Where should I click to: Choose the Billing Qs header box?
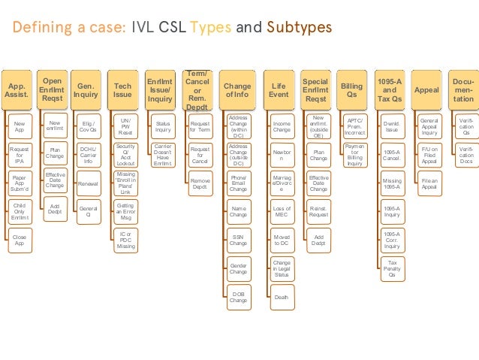click(x=351, y=91)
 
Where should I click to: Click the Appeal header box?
click(x=427, y=91)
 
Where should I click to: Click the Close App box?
click(x=20, y=241)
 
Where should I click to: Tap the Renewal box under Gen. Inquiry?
click(x=89, y=183)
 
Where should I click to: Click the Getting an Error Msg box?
click(x=126, y=211)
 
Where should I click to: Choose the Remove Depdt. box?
click(x=200, y=183)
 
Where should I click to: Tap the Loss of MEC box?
click(x=282, y=211)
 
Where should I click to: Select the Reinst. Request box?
click(x=318, y=211)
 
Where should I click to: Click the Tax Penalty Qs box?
click(x=392, y=268)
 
